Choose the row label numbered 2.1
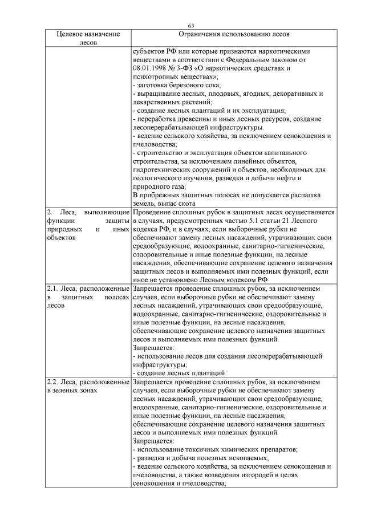click(88, 297)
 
